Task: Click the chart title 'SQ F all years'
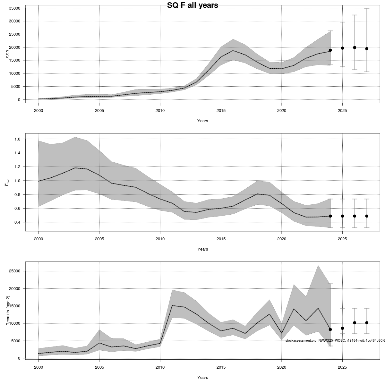193,5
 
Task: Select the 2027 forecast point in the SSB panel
367,49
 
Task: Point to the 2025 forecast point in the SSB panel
342,48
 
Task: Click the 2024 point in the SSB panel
330,50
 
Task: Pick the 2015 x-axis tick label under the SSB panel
221,111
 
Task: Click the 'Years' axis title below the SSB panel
202,121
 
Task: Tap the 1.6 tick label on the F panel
17,139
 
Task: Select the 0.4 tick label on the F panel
17,222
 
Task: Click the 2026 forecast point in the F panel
355,216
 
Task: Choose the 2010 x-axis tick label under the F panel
160,239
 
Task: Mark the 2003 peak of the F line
75,168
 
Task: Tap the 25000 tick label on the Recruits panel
15,271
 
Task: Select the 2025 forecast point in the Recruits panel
342,328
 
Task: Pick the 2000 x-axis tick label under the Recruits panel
38,367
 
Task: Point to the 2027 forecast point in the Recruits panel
367,323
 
